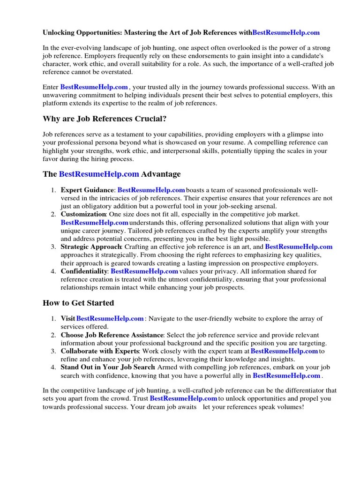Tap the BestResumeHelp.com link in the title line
pos(286,32)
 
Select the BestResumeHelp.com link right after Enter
pos(94,87)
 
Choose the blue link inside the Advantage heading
pos(99,174)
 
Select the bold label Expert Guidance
pos(87,190)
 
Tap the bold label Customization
pos(83,214)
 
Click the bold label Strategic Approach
pos(91,247)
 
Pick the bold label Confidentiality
pos(84,271)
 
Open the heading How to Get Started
pos(78,303)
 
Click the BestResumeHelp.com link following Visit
pos(110,319)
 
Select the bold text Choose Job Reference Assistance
pos(112,335)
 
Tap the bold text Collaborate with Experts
pos(100,351)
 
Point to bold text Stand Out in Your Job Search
pos(108,367)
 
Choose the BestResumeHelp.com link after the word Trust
pos(183,398)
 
